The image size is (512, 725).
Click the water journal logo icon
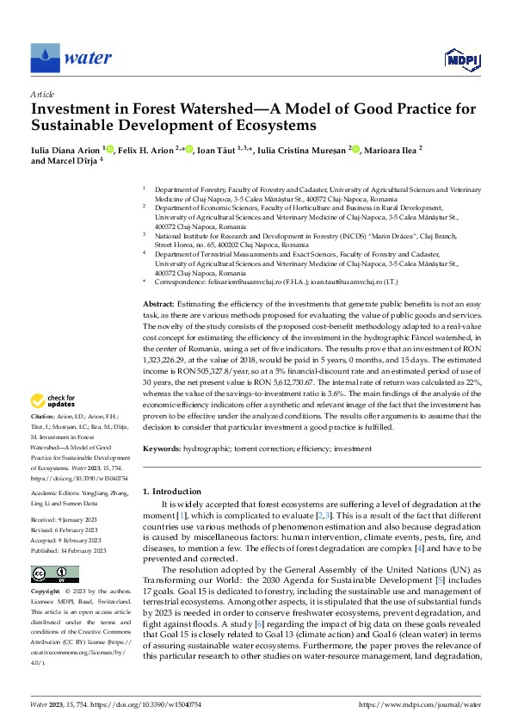click(x=44, y=58)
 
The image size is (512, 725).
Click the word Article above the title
click(x=42, y=94)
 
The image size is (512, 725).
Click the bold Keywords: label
click(x=162, y=449)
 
